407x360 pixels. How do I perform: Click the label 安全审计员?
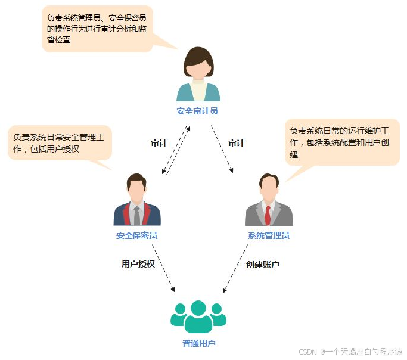click(197, 111)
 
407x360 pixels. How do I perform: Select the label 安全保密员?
click(136, 235)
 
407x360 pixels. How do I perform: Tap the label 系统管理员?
click(268, 235)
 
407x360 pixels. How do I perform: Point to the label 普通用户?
click(198, 343)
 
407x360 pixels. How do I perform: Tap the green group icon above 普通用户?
click(198, 316)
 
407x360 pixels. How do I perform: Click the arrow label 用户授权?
click(138, 263)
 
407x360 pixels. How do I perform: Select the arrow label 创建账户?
click(262, 264)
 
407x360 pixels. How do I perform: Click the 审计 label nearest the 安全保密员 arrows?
click(159, 143)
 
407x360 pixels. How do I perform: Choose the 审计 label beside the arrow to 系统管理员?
click(237, 143)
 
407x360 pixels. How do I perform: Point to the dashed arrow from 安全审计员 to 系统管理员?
click(220, 149)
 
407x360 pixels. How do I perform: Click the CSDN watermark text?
click(350, 352)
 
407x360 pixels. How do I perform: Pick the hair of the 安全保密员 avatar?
click(136, 178)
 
